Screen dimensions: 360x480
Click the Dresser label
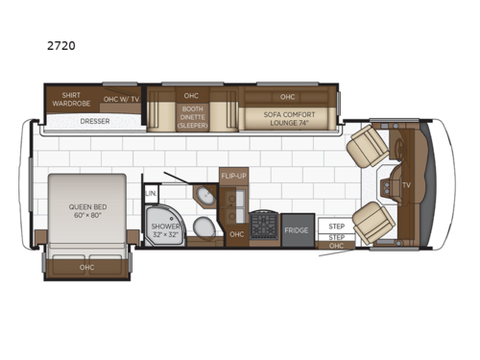coord(94,122)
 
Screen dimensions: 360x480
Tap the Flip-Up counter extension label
coord(234,177)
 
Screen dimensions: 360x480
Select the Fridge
coord(298,230)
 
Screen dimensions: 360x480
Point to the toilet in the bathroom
coord(204,228)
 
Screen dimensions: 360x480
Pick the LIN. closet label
coord(151,193)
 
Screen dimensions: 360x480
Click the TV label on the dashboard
coord(406,184)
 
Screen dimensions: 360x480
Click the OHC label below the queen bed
coord(85,268)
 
